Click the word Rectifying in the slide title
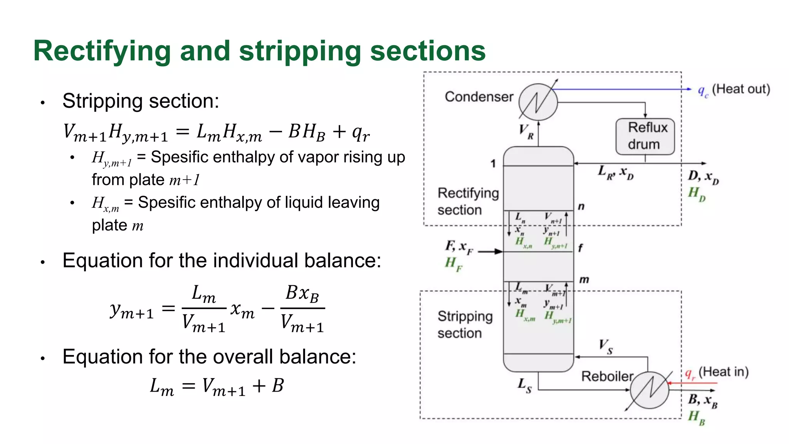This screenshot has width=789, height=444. pos(102,51)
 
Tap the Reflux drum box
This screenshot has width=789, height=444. pos(645,136)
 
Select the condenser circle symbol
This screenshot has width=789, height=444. pos(538,102)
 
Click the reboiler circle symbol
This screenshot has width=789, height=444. pos(650,390)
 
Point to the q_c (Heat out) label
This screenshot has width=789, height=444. pos(734,90)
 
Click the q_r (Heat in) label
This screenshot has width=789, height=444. pos(717,373)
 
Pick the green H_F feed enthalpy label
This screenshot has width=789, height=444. pos(453,264)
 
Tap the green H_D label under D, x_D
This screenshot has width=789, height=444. pos(697,193)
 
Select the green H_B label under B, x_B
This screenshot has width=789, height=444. pos(697,417)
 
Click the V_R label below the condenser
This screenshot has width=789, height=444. pos(526,131)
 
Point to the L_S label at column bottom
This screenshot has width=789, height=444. pos(524,385)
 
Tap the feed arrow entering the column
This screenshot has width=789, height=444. pos(490,252)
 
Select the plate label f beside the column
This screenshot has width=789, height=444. pos(580,248)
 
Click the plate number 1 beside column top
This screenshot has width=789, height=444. pos(493,164)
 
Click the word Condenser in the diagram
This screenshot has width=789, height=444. pos(479,97)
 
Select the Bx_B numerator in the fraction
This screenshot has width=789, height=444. pos(302,294)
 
